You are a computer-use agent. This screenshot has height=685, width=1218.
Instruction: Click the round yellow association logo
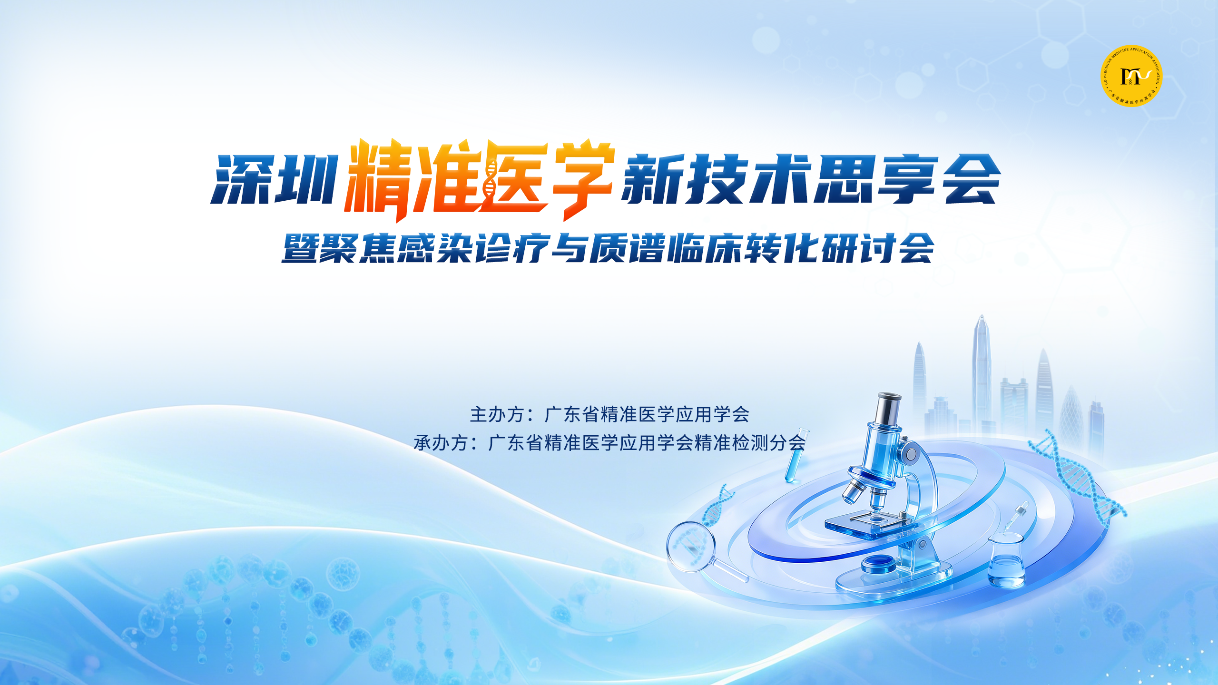point(1131,76)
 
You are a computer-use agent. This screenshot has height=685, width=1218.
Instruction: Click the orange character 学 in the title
point(581,180)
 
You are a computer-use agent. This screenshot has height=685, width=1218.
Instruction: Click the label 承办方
point(441,443)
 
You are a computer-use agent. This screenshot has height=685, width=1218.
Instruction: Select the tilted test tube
point(796,454)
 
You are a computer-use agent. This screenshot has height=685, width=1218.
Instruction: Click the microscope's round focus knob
point(912,454)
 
